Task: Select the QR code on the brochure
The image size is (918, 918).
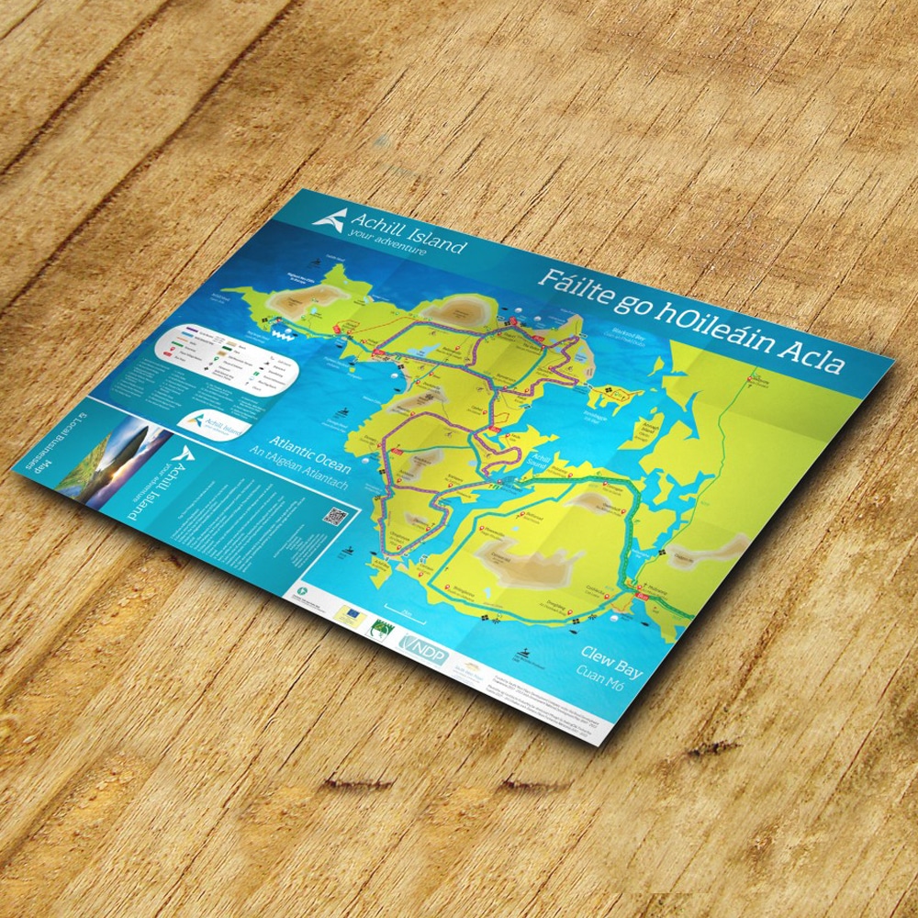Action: click(x=334, y=517)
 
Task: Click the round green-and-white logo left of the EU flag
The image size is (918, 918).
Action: click(x=304, y=588)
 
